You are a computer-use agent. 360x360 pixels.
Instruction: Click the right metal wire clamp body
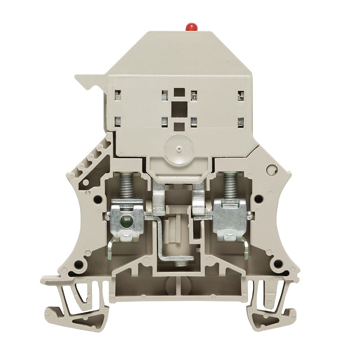coord(229,218)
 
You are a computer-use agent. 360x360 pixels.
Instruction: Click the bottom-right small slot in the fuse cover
coord(240,121)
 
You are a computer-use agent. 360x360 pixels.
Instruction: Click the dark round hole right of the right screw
coord(257,197)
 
